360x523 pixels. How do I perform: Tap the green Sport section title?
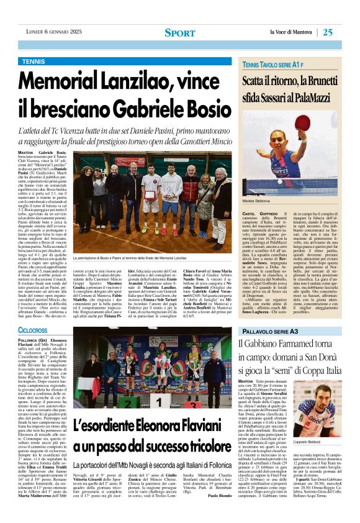click(179, 32)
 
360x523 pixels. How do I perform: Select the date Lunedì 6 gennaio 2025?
click(55, 32)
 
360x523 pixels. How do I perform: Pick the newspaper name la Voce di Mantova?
click(292, 32)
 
